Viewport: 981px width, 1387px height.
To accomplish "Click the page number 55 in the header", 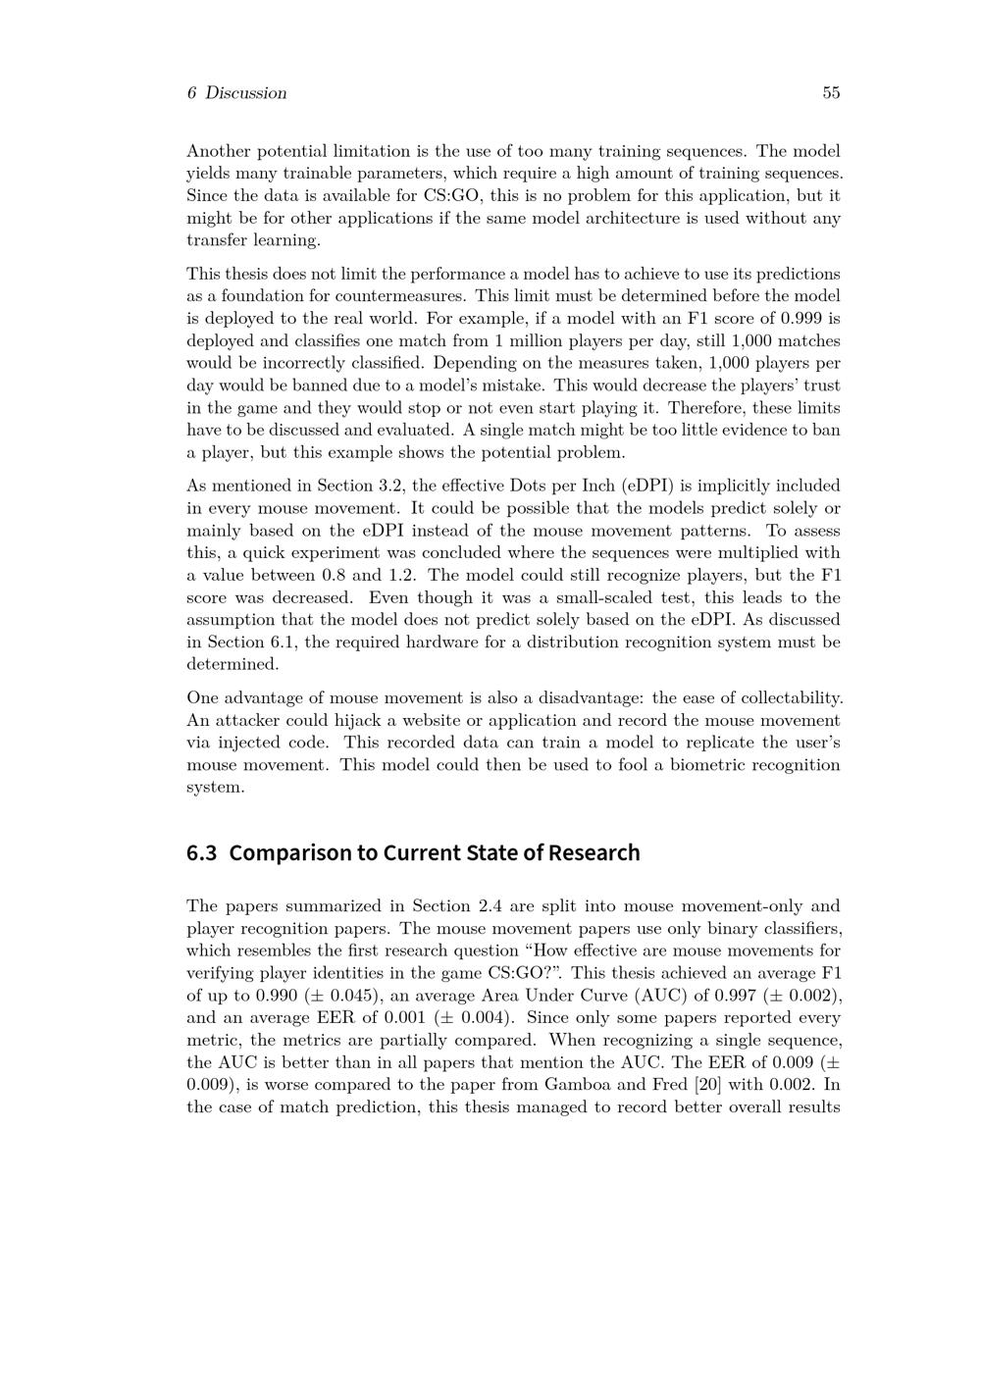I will pos(831,93).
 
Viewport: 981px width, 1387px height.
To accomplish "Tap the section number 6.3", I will pos(201,852).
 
